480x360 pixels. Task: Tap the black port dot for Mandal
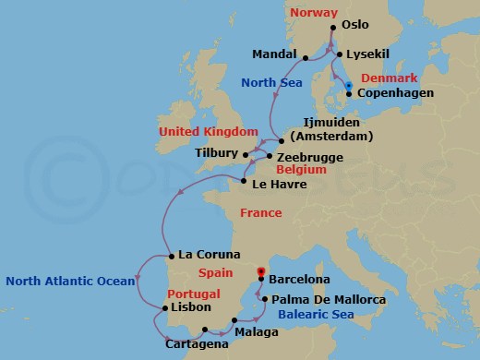305,54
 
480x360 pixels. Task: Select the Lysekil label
365,55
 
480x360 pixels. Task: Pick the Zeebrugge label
311,158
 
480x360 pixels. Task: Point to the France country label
260,212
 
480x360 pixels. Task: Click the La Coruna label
209,255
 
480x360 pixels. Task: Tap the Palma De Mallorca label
322,300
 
